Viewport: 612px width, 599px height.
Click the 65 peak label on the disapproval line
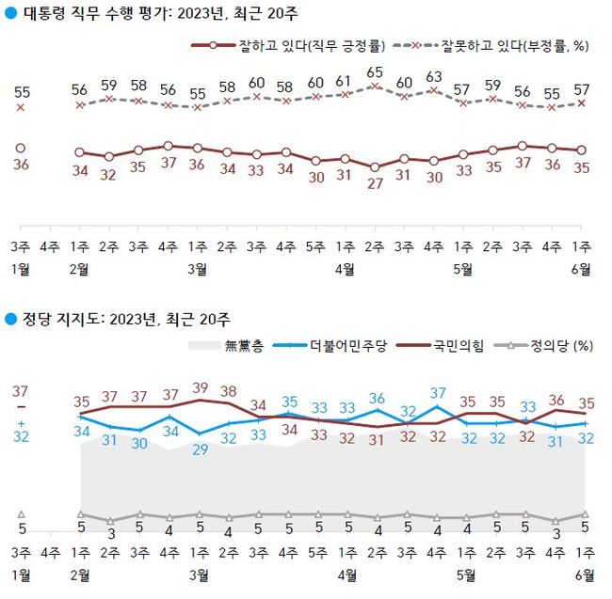coord(375,71)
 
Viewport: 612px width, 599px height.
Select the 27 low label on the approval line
coord(375,183)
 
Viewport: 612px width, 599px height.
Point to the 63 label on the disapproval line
coord(434,76)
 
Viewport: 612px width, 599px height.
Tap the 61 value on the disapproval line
coord(346,81)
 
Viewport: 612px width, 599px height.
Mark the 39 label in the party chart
coord(200,387)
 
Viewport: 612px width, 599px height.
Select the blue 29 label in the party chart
coord(200,449)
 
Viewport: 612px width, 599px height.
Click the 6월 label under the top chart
coord(583,269)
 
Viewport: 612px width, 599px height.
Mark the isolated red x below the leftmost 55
coord(21,108)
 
